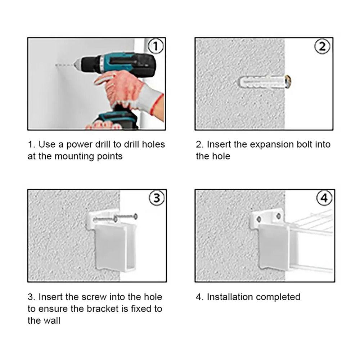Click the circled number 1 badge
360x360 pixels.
[156, 46]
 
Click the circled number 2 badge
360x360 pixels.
[323, 46]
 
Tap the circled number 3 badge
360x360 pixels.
[156, 198]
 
